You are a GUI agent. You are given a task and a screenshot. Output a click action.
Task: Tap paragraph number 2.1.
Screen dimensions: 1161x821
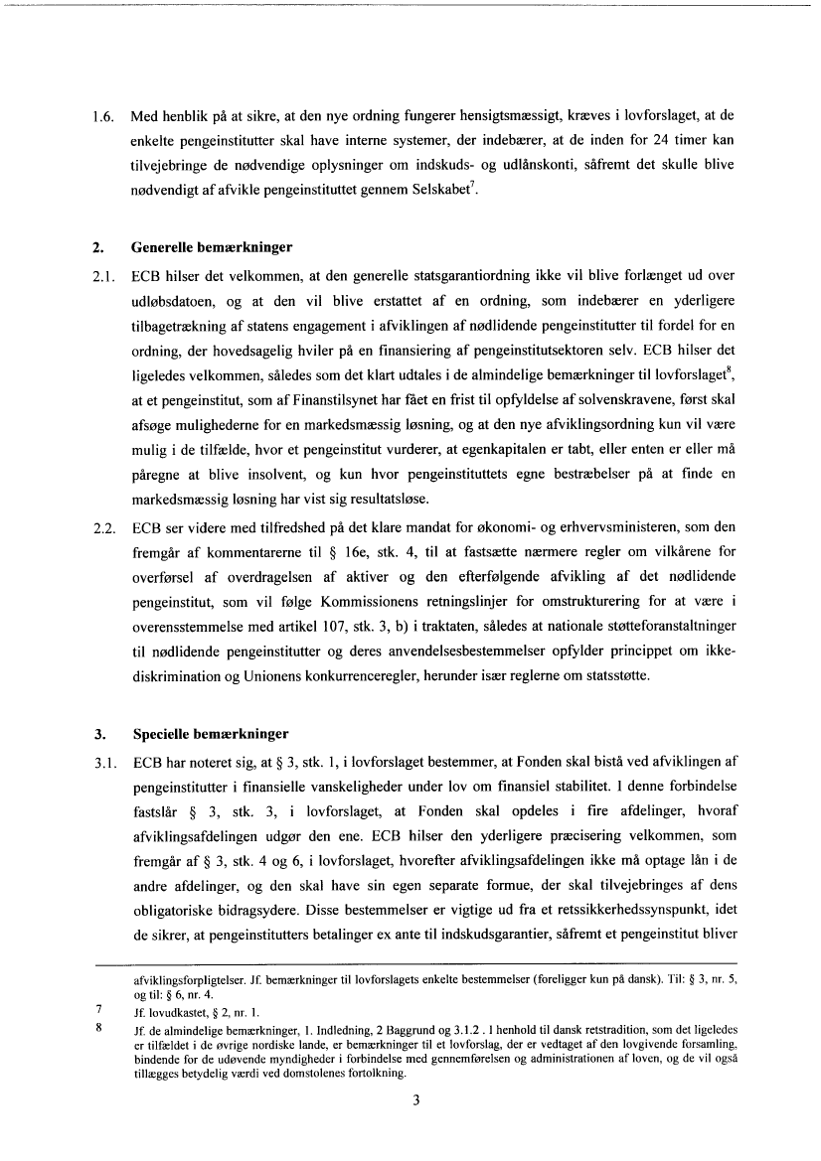[x=103, y=268]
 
